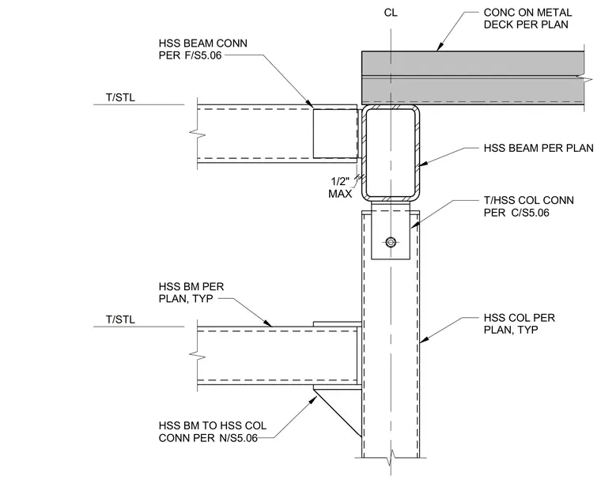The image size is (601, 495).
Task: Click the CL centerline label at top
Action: pos(391,13)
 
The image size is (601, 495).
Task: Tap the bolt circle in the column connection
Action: pos(391,242)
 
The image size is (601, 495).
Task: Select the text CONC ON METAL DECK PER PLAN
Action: pos(527,18)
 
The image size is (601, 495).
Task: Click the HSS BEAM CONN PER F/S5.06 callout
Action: pos(202,49)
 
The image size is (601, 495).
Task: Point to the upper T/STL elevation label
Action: pos(120,98)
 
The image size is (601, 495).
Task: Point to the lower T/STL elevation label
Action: pos(120,319)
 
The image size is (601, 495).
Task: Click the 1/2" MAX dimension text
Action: pos(340,187)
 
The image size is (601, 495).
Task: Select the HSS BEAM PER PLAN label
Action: pos(539,149)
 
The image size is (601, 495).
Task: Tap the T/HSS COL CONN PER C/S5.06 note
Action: pos(528,206)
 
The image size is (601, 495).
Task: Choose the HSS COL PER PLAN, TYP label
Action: pos(519,323)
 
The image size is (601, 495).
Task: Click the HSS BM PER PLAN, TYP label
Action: pos(191,293)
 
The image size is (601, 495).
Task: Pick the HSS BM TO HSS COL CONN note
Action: pos(213,432)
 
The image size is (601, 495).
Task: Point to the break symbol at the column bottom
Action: pos(391,457)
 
